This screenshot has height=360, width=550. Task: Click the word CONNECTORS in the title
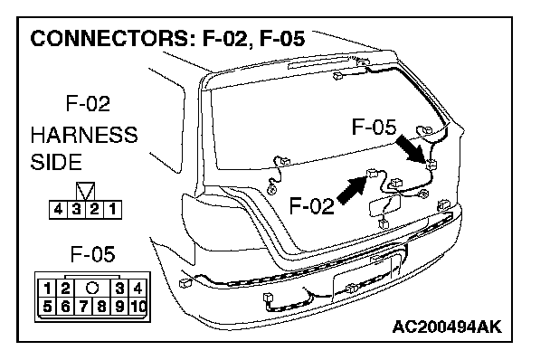[x=109, y=38]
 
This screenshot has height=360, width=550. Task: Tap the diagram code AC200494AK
[x=447, y=327]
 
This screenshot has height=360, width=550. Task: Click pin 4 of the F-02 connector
[x=58, y=210]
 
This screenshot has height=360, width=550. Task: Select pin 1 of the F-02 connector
[x=112, y=210]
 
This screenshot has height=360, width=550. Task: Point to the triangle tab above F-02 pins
[x=86, y=191]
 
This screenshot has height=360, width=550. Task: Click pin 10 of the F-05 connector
[x=138, y=307]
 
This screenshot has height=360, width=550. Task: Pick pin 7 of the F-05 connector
[x=83, y=307]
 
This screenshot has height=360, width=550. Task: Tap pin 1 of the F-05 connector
[x=47, y=289]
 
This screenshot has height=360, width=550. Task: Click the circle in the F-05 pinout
[x=92, y=289]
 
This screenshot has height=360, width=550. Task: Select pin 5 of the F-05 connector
[x=47, y=307]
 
